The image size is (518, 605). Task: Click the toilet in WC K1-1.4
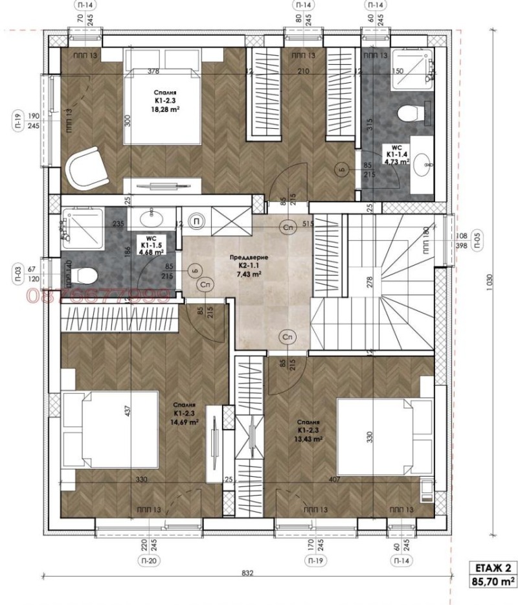[x=409, y=114]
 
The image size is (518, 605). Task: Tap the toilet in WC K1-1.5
[x=83, y=275]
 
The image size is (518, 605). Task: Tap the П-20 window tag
[x=149, y=560]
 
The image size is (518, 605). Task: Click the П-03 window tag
[x=19, y=269]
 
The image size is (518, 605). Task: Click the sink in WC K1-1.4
[x=426, y=166]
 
